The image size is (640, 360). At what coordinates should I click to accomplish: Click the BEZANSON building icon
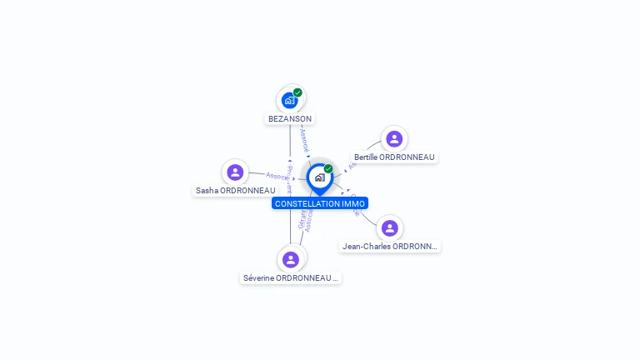(x=289, y=100)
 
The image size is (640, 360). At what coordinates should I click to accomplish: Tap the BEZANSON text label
(x=290, y=119)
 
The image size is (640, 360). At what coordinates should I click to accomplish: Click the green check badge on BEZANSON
(x=297, y=92)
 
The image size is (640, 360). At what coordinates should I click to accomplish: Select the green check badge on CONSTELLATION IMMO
(x=328, y=168)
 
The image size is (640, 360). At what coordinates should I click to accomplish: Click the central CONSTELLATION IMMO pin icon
(x=319, y=177)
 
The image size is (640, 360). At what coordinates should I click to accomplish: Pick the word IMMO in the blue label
(x=353, y=203)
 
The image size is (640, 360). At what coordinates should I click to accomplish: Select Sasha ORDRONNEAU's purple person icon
(x=235, y=172)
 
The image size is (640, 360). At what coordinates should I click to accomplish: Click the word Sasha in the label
(x=206, y=191)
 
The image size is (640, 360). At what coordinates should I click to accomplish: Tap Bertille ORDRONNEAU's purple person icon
(x=394, y=138)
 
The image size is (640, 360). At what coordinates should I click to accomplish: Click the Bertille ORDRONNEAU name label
(x=394, y=157)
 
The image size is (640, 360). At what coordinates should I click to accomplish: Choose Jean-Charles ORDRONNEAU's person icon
(x=389, y=227)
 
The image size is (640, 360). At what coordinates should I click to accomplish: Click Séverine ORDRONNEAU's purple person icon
(x=290, y=259)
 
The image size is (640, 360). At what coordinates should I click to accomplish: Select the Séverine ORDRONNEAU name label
(x=290, y=277)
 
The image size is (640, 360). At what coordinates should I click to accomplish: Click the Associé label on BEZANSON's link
(x=304, y=138)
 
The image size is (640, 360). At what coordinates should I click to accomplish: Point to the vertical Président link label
(x=289, y=178)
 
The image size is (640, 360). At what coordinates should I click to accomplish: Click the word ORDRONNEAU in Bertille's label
(x=407, y=157)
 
